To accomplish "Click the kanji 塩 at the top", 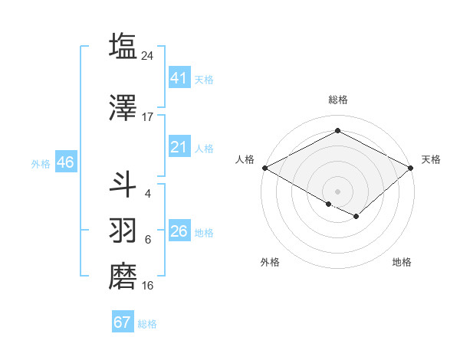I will (x=123, y=46).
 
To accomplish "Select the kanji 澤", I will (x=123, y=107).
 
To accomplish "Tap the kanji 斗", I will (x=123, y=184).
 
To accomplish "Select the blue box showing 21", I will (x=179, y=147).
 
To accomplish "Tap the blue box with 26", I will (x=179, y=231).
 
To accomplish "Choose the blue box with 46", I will (x=64, y=162).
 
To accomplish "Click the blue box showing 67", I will (x=122, y=322).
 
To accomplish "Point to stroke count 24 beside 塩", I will (x=148, y=55).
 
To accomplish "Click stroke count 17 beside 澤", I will (x=148, y=117).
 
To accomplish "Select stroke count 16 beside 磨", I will (x=148, y=286).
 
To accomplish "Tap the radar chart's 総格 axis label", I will (x=337, y=100).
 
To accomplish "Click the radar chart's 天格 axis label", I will (x=431, y=159).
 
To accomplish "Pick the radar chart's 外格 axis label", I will (x=269, y=262).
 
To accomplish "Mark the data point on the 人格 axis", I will (x=264, y=168).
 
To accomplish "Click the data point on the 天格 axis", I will (x=411, y=168).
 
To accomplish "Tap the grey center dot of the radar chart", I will (x=337, y=190).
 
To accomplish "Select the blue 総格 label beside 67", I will (x=147, y=324).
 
